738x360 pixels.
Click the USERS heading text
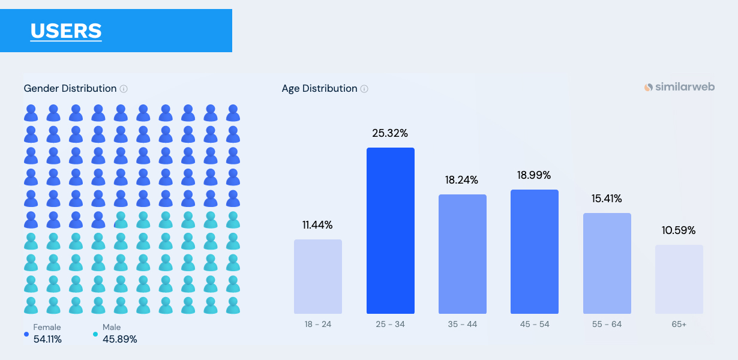click(x=66, y=31)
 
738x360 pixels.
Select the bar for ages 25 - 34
click(x=390, y=230)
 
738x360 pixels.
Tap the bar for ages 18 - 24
click(x=318, y=277)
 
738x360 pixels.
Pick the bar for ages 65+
click(x=679, y=279)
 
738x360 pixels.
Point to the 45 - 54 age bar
click(x=534, y=251)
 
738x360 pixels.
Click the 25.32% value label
click(x=390, y=133)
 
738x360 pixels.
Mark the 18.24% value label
click(x=462, y=180)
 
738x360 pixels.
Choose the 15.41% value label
click(x=607, y=199)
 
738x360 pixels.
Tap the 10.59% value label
click(x=679, y=230)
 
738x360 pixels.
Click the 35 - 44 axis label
click(x=462, y=324)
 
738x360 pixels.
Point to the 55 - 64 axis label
click(x=607, y=324)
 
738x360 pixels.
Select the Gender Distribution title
click(x=70, y=89)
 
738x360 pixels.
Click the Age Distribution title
click(x=319, y=89)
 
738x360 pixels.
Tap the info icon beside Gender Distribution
click(x=124, y=89)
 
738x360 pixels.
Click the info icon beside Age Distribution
click(x=364, y=89)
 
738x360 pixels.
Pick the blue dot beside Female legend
click(x=26, y=334)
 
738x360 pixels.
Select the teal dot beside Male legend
click(x=95, y=334)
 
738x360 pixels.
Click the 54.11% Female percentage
click(x=47, y=339)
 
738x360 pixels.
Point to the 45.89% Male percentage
click(x=119, y=339)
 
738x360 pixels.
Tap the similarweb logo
click(x=679, y=87)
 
